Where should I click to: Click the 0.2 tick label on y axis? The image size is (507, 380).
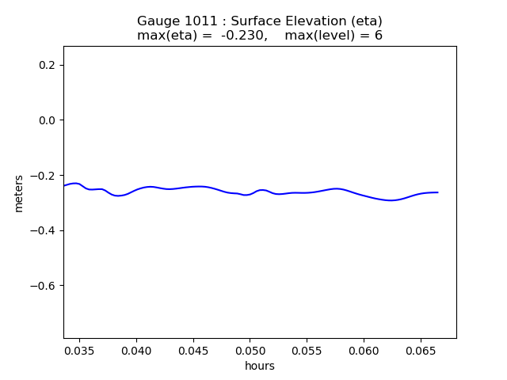47,65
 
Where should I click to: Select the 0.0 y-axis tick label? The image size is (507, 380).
47,120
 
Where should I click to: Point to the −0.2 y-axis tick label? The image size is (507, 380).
42,176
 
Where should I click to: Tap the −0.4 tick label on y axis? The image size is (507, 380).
42,230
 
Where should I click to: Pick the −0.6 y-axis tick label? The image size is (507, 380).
42,286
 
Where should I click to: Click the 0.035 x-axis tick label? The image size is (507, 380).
79,351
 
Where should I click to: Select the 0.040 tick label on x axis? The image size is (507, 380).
136,351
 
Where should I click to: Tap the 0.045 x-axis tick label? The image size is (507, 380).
193,351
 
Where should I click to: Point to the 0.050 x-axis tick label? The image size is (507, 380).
250,351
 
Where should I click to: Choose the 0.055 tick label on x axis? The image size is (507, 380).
307,351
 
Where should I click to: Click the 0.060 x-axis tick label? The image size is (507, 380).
364,351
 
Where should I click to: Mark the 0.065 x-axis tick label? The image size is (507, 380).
421,351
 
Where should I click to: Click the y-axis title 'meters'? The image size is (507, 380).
19,193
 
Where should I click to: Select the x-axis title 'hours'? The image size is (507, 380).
260,366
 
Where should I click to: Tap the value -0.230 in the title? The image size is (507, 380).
245,35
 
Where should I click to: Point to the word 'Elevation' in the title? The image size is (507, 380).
315,21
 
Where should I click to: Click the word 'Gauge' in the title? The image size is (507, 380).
158,21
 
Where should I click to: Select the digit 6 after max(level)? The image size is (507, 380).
379,35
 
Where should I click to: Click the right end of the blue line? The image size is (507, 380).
438,192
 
